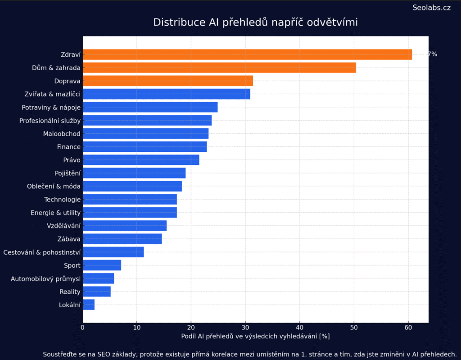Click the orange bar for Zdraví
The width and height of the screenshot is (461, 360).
point(247,55)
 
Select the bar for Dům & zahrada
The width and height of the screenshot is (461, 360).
point(219,68)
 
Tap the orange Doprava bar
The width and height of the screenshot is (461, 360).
point(167,81)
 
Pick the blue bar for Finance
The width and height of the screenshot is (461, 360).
point(145,146)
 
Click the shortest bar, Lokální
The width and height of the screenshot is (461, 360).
point(89,305)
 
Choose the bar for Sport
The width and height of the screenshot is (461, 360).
point(102,265)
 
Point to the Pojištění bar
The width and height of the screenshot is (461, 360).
point(134,173)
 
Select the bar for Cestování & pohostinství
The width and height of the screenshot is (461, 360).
point(113,252)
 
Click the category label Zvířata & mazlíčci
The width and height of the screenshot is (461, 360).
point(53,94)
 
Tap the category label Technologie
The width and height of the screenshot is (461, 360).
point(62,200)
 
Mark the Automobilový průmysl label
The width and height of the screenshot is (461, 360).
point(45,279)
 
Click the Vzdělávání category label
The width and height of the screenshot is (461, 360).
point(63,226)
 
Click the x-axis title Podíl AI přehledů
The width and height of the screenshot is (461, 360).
point(255,336)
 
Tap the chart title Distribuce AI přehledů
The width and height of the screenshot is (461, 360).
point(255,22)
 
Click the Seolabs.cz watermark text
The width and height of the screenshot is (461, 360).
point(431,8)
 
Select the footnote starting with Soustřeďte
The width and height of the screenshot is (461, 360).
point(249,354)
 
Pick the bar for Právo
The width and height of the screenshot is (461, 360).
point(141,160)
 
